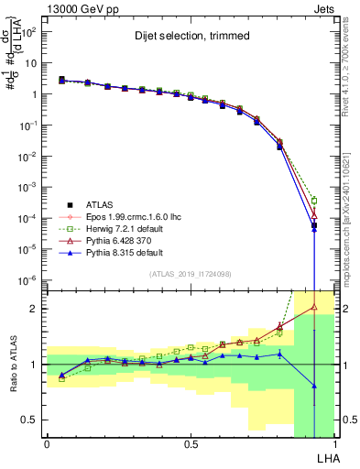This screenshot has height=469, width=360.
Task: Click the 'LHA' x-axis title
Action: point(324,457)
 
